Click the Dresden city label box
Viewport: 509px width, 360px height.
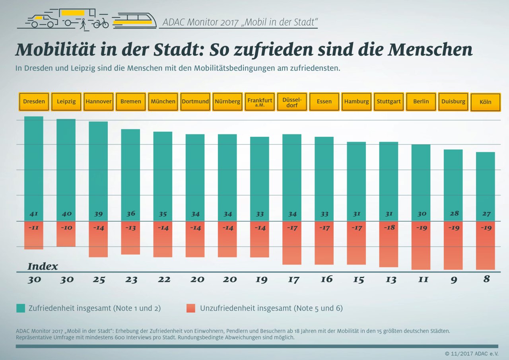(34, 102)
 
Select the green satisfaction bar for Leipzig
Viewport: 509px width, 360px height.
(66, 167)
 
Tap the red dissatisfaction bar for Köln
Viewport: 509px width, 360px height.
(486, 247)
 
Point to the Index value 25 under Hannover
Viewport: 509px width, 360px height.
(99, 280)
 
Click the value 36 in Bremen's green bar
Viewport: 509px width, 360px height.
(131, 214)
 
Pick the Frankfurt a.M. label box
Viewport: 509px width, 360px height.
(260, 102)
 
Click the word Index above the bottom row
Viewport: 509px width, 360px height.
(43, 267)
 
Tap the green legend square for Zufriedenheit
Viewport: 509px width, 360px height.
(21, 308)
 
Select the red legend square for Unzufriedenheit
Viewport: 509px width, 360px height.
(191, 308)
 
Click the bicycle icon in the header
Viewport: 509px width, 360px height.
(101, 23)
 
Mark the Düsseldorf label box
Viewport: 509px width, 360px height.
(292, 102)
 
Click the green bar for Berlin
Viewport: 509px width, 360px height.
(421, 179)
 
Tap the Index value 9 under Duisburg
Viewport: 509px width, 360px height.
(453, 280)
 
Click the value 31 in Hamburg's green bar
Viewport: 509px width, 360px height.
(357, 214)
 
